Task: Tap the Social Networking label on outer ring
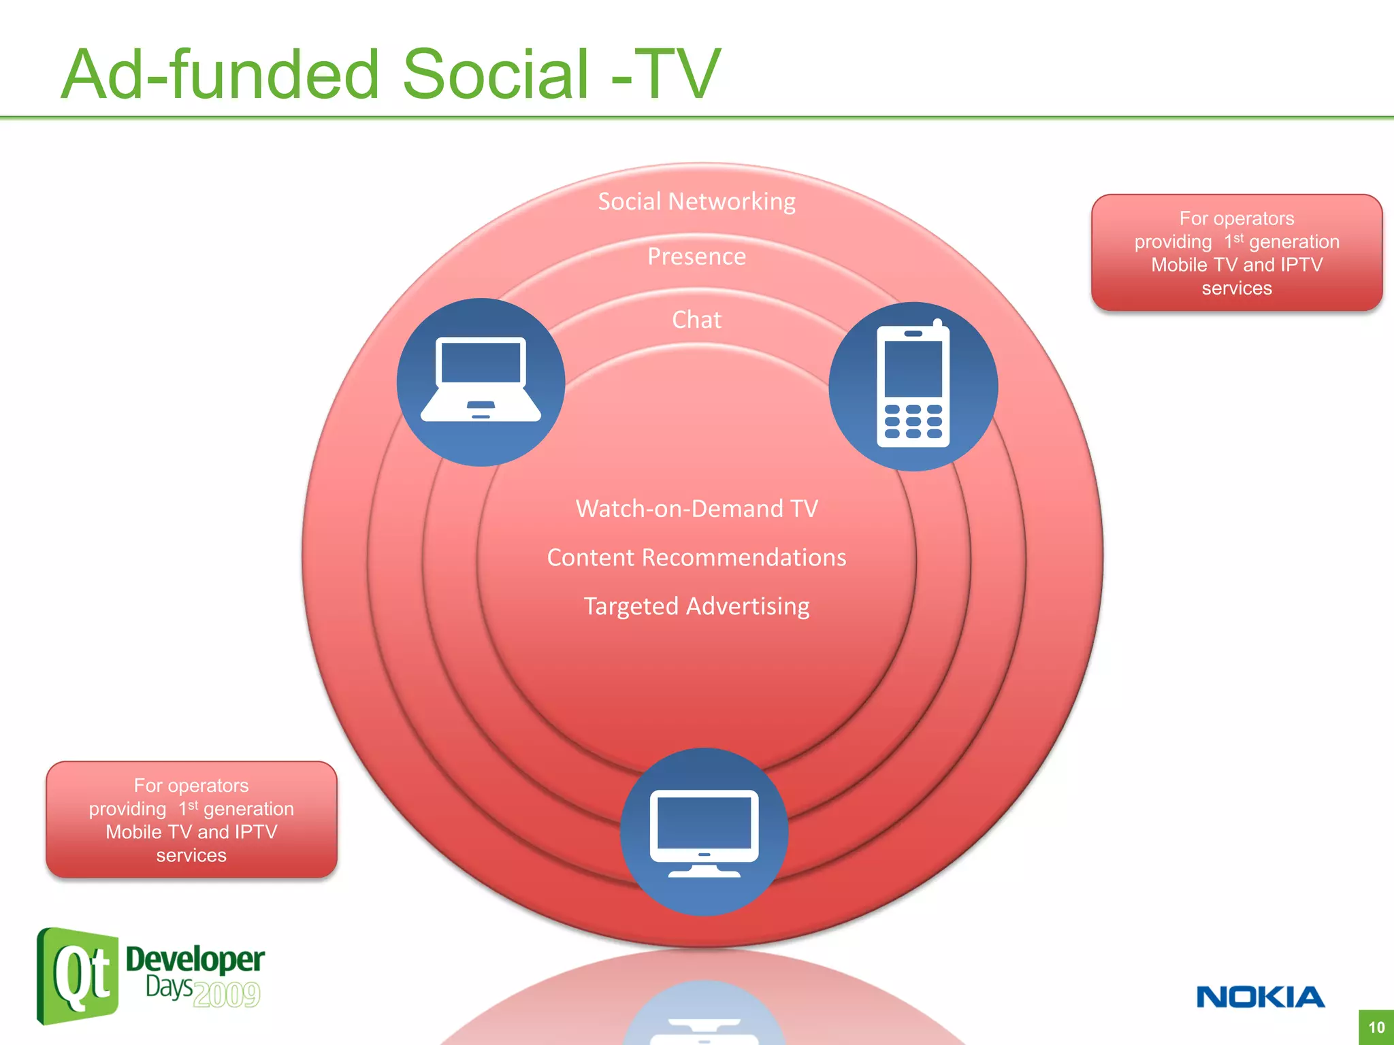[x=696, y=201]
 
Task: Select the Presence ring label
[x=696, y=256]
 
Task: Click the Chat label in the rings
[x=696, y=320]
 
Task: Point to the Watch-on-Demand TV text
[x=696, y=509]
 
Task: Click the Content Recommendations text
[x=696, y=558]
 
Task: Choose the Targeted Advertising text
[x=696, y=606]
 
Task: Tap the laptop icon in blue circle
[x=481, y=382]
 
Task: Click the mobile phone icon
[x=913, y=386]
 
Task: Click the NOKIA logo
[x=1260, y=997]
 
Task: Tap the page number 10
[x=1376, y=1027]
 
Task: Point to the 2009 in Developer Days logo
[x=226, y=995]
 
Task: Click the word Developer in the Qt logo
[x=195, y=959]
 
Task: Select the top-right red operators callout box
[x=1236, y=253]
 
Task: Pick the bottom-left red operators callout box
[x=191, y=820]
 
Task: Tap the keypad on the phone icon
[x=913, y=421]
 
